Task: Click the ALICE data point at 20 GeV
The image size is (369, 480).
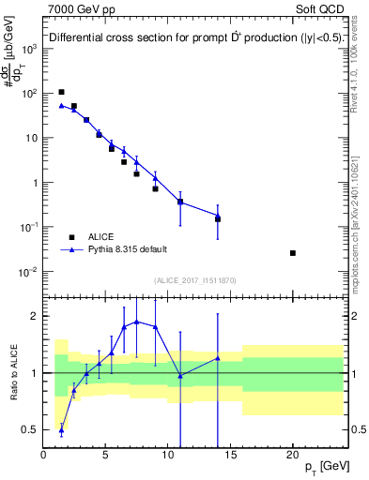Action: pyautogui.click(x=293, y=253)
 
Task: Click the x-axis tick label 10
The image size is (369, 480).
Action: pyautogui.click(x=168, y=455)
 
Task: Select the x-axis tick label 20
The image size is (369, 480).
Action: pyautogui.click(x=293, y=455)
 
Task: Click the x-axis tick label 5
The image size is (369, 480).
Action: pyautogui.click(x=106, y=455)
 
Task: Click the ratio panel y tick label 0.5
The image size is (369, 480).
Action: pyautogui.click(x=31, y=430)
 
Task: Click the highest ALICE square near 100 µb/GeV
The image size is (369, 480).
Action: pyautogui.click(x=62, y=92)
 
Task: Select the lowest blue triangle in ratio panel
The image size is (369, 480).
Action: pyautogui.click(x=62, y=430)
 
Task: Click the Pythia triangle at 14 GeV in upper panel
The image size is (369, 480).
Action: pyautogui.click(x=218, y=217)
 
